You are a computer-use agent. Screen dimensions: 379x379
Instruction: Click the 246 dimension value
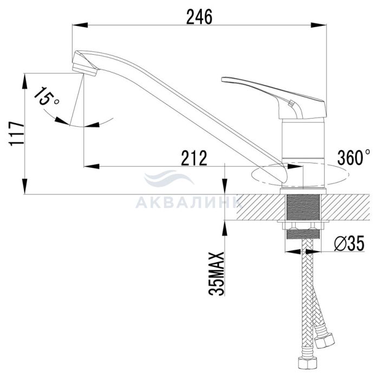point(199,17)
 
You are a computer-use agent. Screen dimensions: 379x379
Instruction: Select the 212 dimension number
point(194,158)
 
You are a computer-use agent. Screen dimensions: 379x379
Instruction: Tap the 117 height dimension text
point(17,134)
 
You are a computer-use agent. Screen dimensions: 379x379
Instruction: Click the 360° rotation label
point(354,158)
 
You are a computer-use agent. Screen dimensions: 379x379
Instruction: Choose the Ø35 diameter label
point(350,244)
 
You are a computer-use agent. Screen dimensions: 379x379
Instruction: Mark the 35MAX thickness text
point(217,273)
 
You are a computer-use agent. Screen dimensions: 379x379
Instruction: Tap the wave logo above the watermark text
point(169,178)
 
